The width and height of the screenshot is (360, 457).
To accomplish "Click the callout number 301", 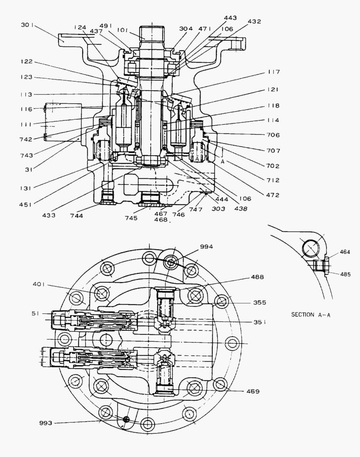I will click(28, 25).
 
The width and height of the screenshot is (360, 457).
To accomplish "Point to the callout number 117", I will click(274, 72).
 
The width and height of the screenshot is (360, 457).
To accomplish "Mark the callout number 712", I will click(274, 180).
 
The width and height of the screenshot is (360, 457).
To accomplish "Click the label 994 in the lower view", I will click(207, 246).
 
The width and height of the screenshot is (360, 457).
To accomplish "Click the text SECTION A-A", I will click(308, 314).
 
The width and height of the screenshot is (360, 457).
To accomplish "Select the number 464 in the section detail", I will click(345, 252).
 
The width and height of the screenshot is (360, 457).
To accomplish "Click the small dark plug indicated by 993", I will click(125, 419).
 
